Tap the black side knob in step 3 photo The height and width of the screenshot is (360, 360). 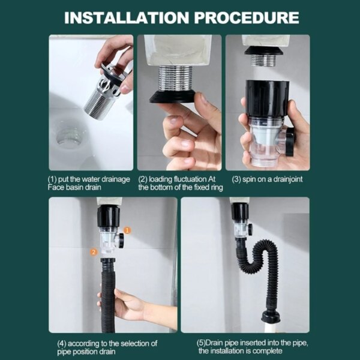point(290,141)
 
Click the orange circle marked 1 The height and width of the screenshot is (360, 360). point(127,230)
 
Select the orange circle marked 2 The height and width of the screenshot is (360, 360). point(94,252)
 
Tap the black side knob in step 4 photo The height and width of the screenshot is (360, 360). point(120,241)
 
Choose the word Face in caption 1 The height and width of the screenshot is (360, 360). point(57,187)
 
